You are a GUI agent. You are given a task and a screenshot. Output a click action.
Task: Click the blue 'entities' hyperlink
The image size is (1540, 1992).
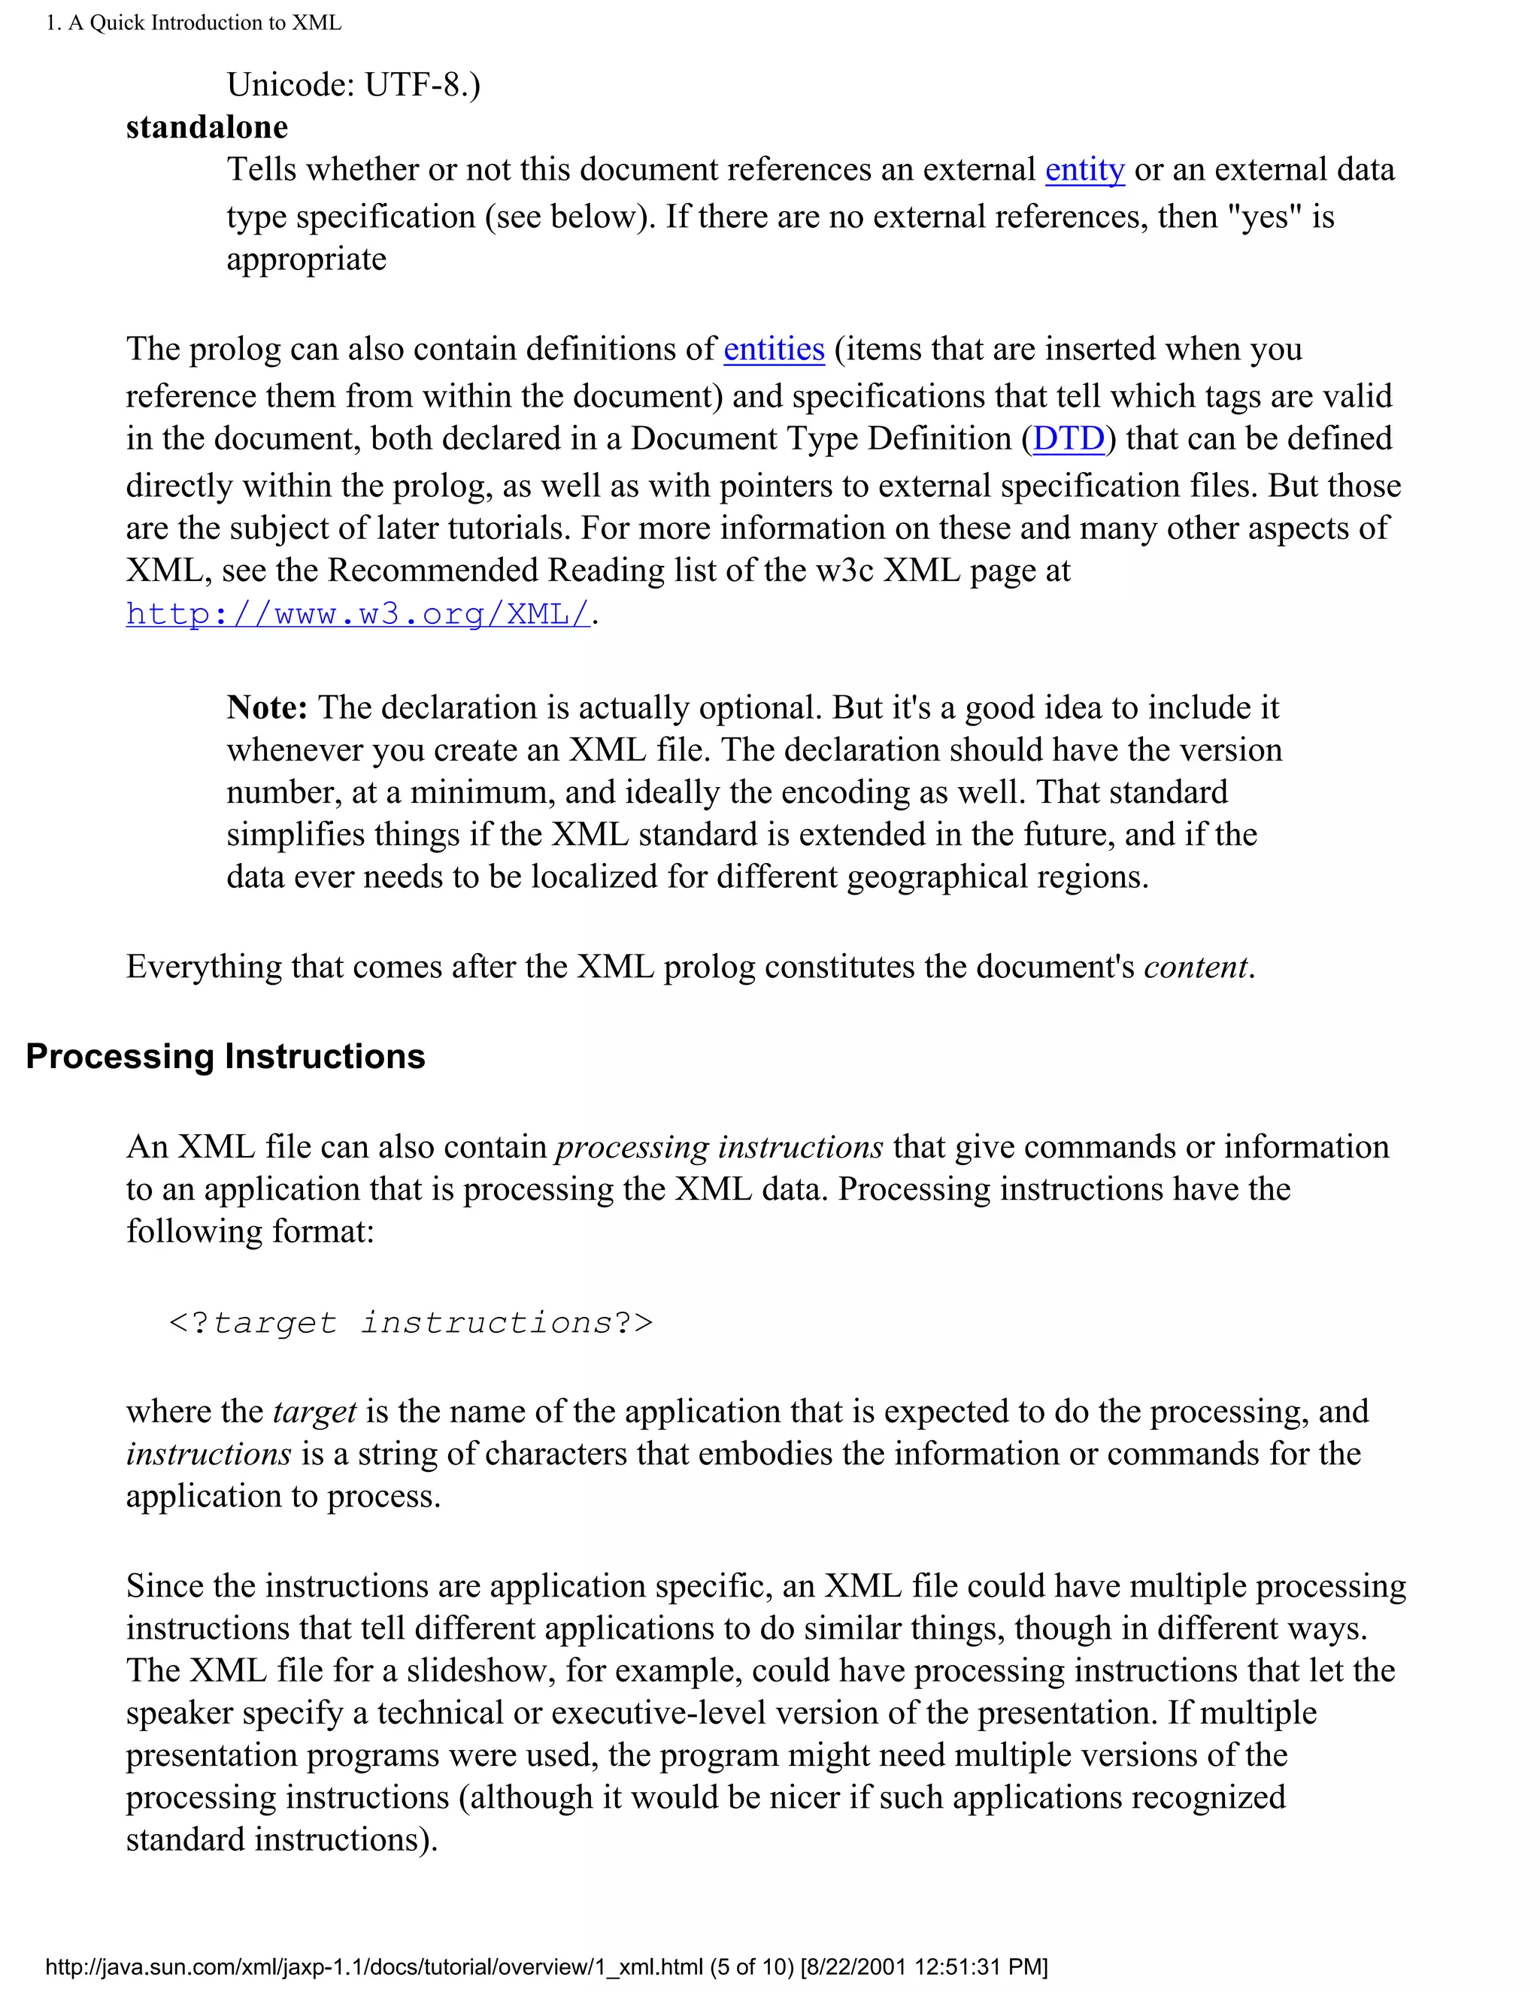(774, 350)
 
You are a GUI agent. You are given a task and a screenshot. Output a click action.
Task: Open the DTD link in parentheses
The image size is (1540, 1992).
(1069, 439)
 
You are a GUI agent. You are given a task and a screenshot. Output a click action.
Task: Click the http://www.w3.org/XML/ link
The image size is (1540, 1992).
(358, 614)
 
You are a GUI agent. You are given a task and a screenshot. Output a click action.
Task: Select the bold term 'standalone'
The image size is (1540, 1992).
(207, 127)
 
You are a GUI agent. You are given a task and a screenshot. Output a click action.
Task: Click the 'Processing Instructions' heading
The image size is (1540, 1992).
(226, 1056)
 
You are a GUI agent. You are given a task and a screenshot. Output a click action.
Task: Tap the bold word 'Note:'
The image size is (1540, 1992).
(266, 708)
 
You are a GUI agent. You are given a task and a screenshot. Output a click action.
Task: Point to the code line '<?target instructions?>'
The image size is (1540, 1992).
(411, 1322)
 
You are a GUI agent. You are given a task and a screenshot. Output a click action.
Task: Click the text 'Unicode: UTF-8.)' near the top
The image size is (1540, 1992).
(353, 85)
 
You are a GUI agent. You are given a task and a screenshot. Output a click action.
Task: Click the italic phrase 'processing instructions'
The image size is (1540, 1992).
(719, 1146)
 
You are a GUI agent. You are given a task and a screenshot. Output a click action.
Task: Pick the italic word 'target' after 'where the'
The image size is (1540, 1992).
(315, 1412)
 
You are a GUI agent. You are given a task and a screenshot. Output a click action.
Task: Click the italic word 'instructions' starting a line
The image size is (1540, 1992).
(209, 1454)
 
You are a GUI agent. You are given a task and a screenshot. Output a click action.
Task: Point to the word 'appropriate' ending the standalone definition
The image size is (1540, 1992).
(307, 259)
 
